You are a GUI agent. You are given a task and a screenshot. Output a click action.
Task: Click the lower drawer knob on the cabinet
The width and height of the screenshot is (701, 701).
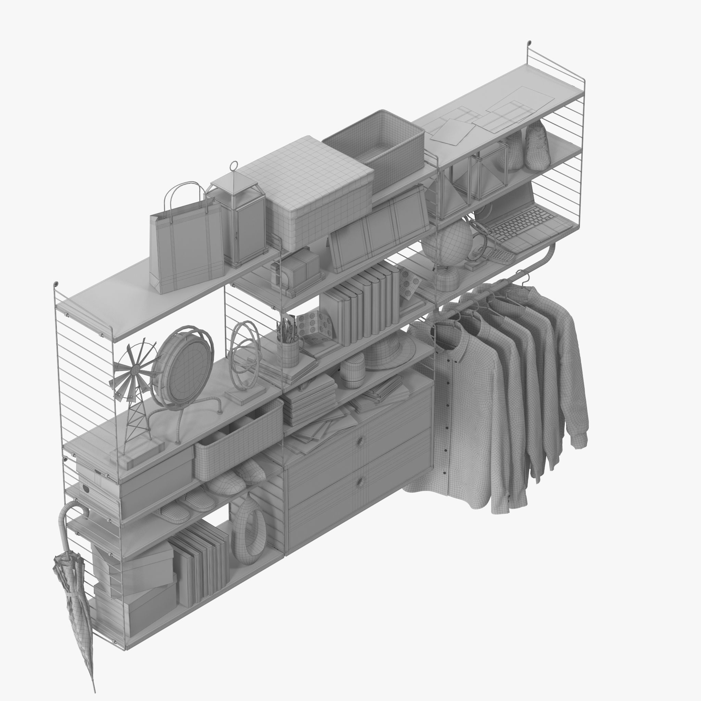[x=360, y=482]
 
